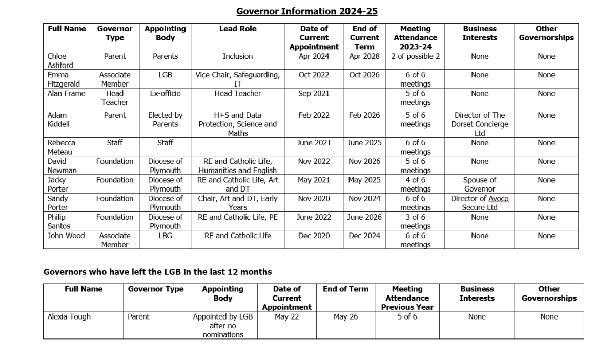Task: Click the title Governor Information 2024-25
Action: coord(306,11)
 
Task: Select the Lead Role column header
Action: coord(238,29)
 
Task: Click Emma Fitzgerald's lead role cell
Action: coord(238,79)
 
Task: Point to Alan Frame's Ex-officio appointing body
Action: coord(165,94)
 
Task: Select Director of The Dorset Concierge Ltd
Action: coord(479,124)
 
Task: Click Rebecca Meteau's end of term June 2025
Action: coord(364,143)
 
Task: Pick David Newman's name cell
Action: coord(62,166)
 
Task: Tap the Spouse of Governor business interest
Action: coord(479,184)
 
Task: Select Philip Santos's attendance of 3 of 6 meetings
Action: coord(415,222)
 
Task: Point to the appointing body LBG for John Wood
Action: coord(165,236)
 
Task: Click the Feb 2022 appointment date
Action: coord(314,116)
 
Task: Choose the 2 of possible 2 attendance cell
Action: coord(415,56)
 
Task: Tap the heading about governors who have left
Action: coord(157,272)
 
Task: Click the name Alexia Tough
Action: coord(69,317)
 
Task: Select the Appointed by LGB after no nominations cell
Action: coord(222,326)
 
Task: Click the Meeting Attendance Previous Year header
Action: coord(407,298)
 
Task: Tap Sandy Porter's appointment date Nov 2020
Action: coord(314,199)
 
